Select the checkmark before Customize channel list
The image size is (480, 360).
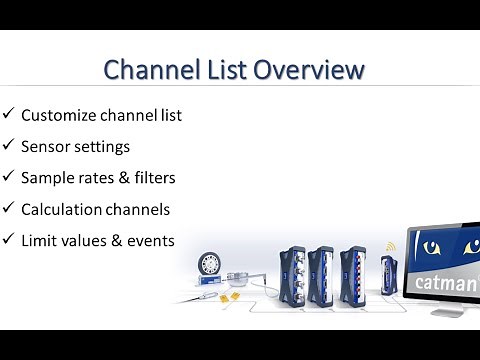8,114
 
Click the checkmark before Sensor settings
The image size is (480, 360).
8,146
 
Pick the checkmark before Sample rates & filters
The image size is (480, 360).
8,177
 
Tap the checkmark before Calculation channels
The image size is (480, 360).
8,208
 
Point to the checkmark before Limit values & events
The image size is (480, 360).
8,240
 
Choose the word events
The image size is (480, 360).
153,240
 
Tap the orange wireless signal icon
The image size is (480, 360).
392,246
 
